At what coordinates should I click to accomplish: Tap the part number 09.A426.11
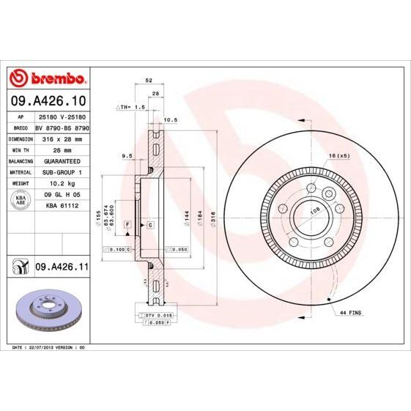coord(62,268)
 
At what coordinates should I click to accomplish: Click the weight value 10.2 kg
coord(61,182)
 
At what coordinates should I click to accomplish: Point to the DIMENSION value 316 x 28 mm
coord(61,138)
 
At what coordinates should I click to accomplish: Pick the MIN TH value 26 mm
coord(61,149)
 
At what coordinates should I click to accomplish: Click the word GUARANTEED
coord(61,160)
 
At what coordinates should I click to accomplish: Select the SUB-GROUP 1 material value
coord(61,171)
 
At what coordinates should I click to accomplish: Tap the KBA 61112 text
coord(61,206)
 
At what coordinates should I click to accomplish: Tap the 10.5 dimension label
coord(171,119)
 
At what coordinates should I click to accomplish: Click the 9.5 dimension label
coord(126,155)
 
